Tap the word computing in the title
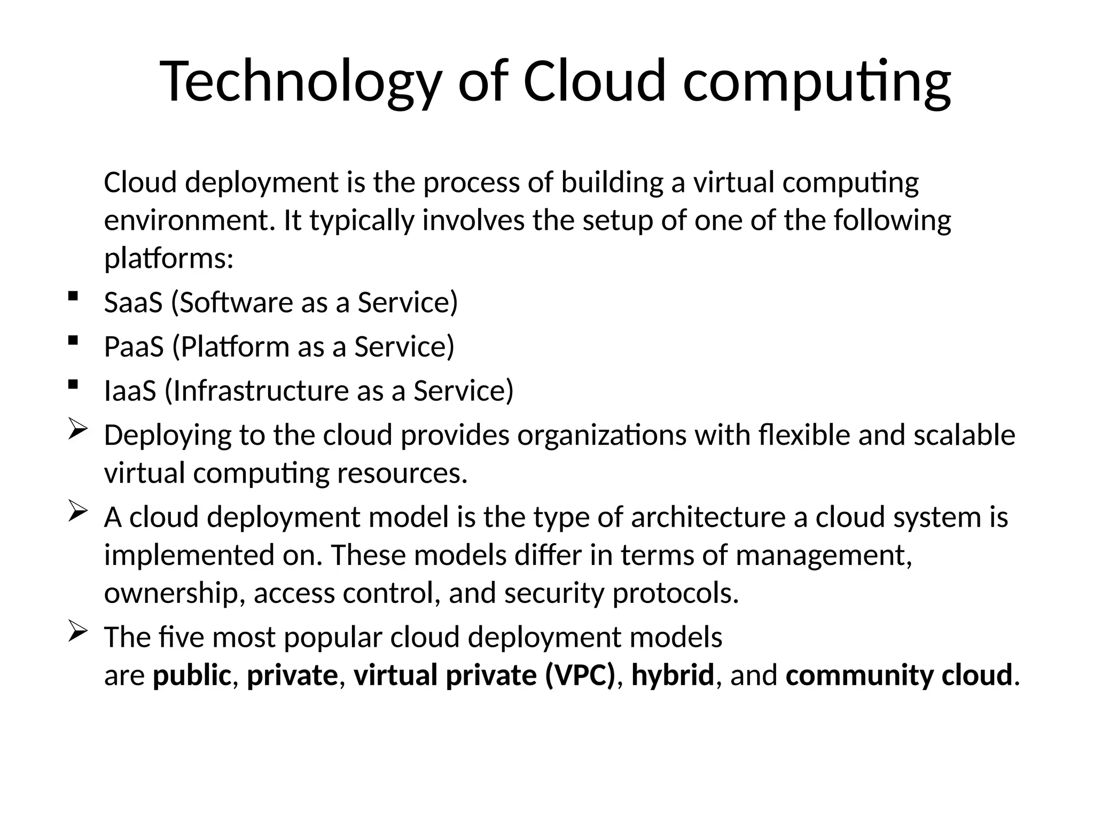coord(817,83)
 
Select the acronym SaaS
coord(133,303)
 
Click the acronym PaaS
coord(134,347)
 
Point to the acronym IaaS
coord(130,391)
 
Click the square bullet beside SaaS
coord(73,296)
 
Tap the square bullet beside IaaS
coord(73,384)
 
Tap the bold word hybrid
coord(672,675)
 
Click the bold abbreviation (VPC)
coord(580,675)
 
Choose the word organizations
coord(601,436)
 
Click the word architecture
coord(708,517)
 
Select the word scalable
coord(964,435)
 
